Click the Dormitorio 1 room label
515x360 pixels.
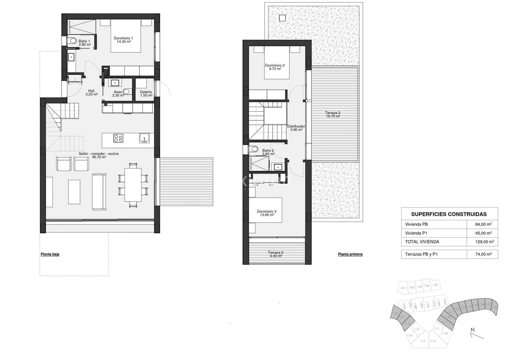(123, 40)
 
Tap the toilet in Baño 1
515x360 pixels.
(72, 41)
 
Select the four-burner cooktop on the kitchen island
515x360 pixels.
(118, 138)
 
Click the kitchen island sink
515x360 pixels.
(144, 138)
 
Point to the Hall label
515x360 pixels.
(91, 93)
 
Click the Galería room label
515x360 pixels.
(146, 94)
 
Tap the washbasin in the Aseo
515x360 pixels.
(115, 83)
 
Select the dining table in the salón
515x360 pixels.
(133, 185)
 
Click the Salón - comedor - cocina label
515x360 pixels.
(99, 155)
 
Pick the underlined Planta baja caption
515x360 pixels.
(50, 254)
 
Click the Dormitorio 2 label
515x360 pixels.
(275, 67)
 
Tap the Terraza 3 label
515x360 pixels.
(332, 115)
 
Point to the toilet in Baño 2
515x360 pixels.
(254, 149)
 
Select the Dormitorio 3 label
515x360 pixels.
(267, 213)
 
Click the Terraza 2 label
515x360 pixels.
(275, 254)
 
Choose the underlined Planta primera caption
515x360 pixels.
(350, 254)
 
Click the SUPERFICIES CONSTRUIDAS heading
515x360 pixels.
(449, 214)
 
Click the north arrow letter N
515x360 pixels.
(473, 330)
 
